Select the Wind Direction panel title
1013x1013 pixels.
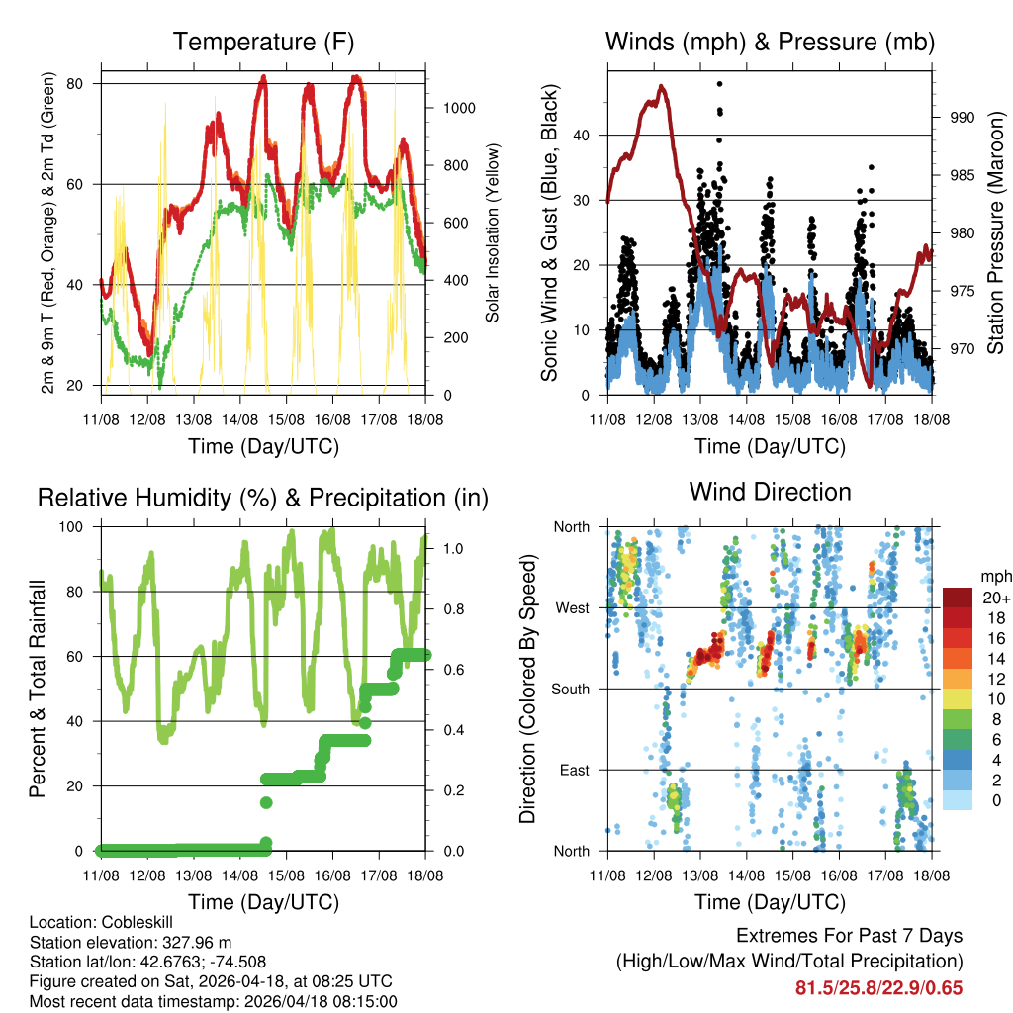[770, 492]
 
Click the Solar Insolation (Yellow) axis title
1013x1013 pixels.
[492, 232]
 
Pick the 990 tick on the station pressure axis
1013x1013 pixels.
[963, 117]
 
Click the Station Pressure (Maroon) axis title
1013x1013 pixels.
[995, 233]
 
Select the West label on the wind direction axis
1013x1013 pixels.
[572, 607]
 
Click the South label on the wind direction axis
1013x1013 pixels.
[570, 689]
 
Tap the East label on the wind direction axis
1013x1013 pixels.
[574, 770]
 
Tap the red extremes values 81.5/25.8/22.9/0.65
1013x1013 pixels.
[878, 987]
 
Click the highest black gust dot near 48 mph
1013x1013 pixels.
[719, 84]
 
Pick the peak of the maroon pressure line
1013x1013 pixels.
[662, 86]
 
